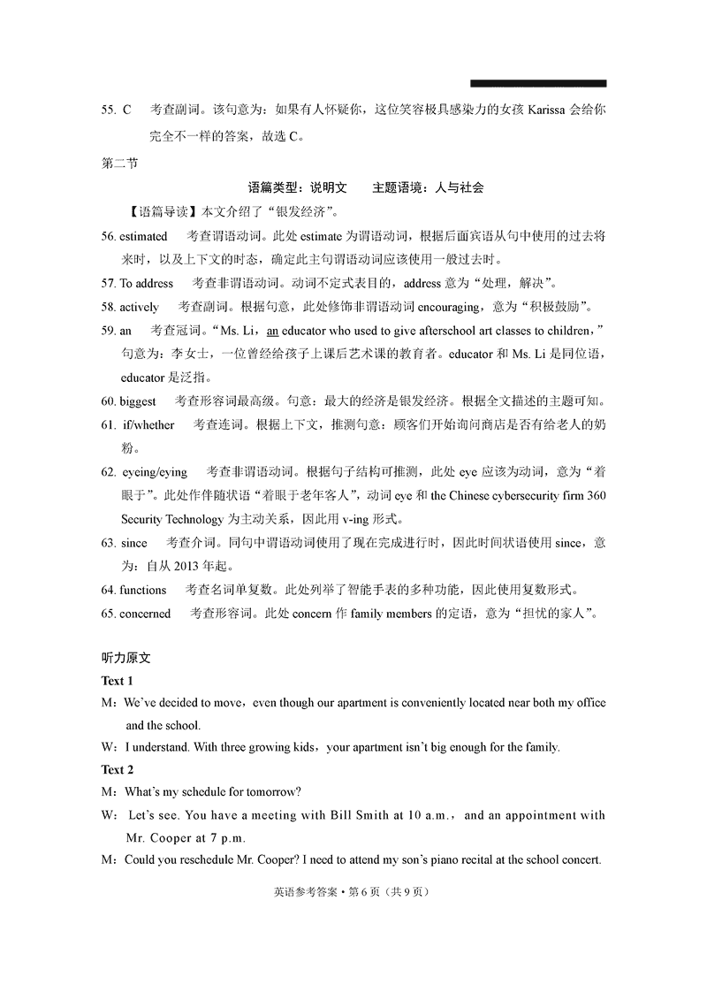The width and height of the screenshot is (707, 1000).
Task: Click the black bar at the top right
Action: coord(538,83)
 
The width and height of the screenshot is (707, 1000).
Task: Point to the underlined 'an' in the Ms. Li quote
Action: coord(273,331)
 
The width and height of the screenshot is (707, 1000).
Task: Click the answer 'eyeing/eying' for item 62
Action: coord(154,471)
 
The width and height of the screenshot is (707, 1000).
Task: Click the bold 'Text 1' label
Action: coord(118,681)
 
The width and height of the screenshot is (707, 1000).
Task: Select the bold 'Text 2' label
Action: coord(118,769)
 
